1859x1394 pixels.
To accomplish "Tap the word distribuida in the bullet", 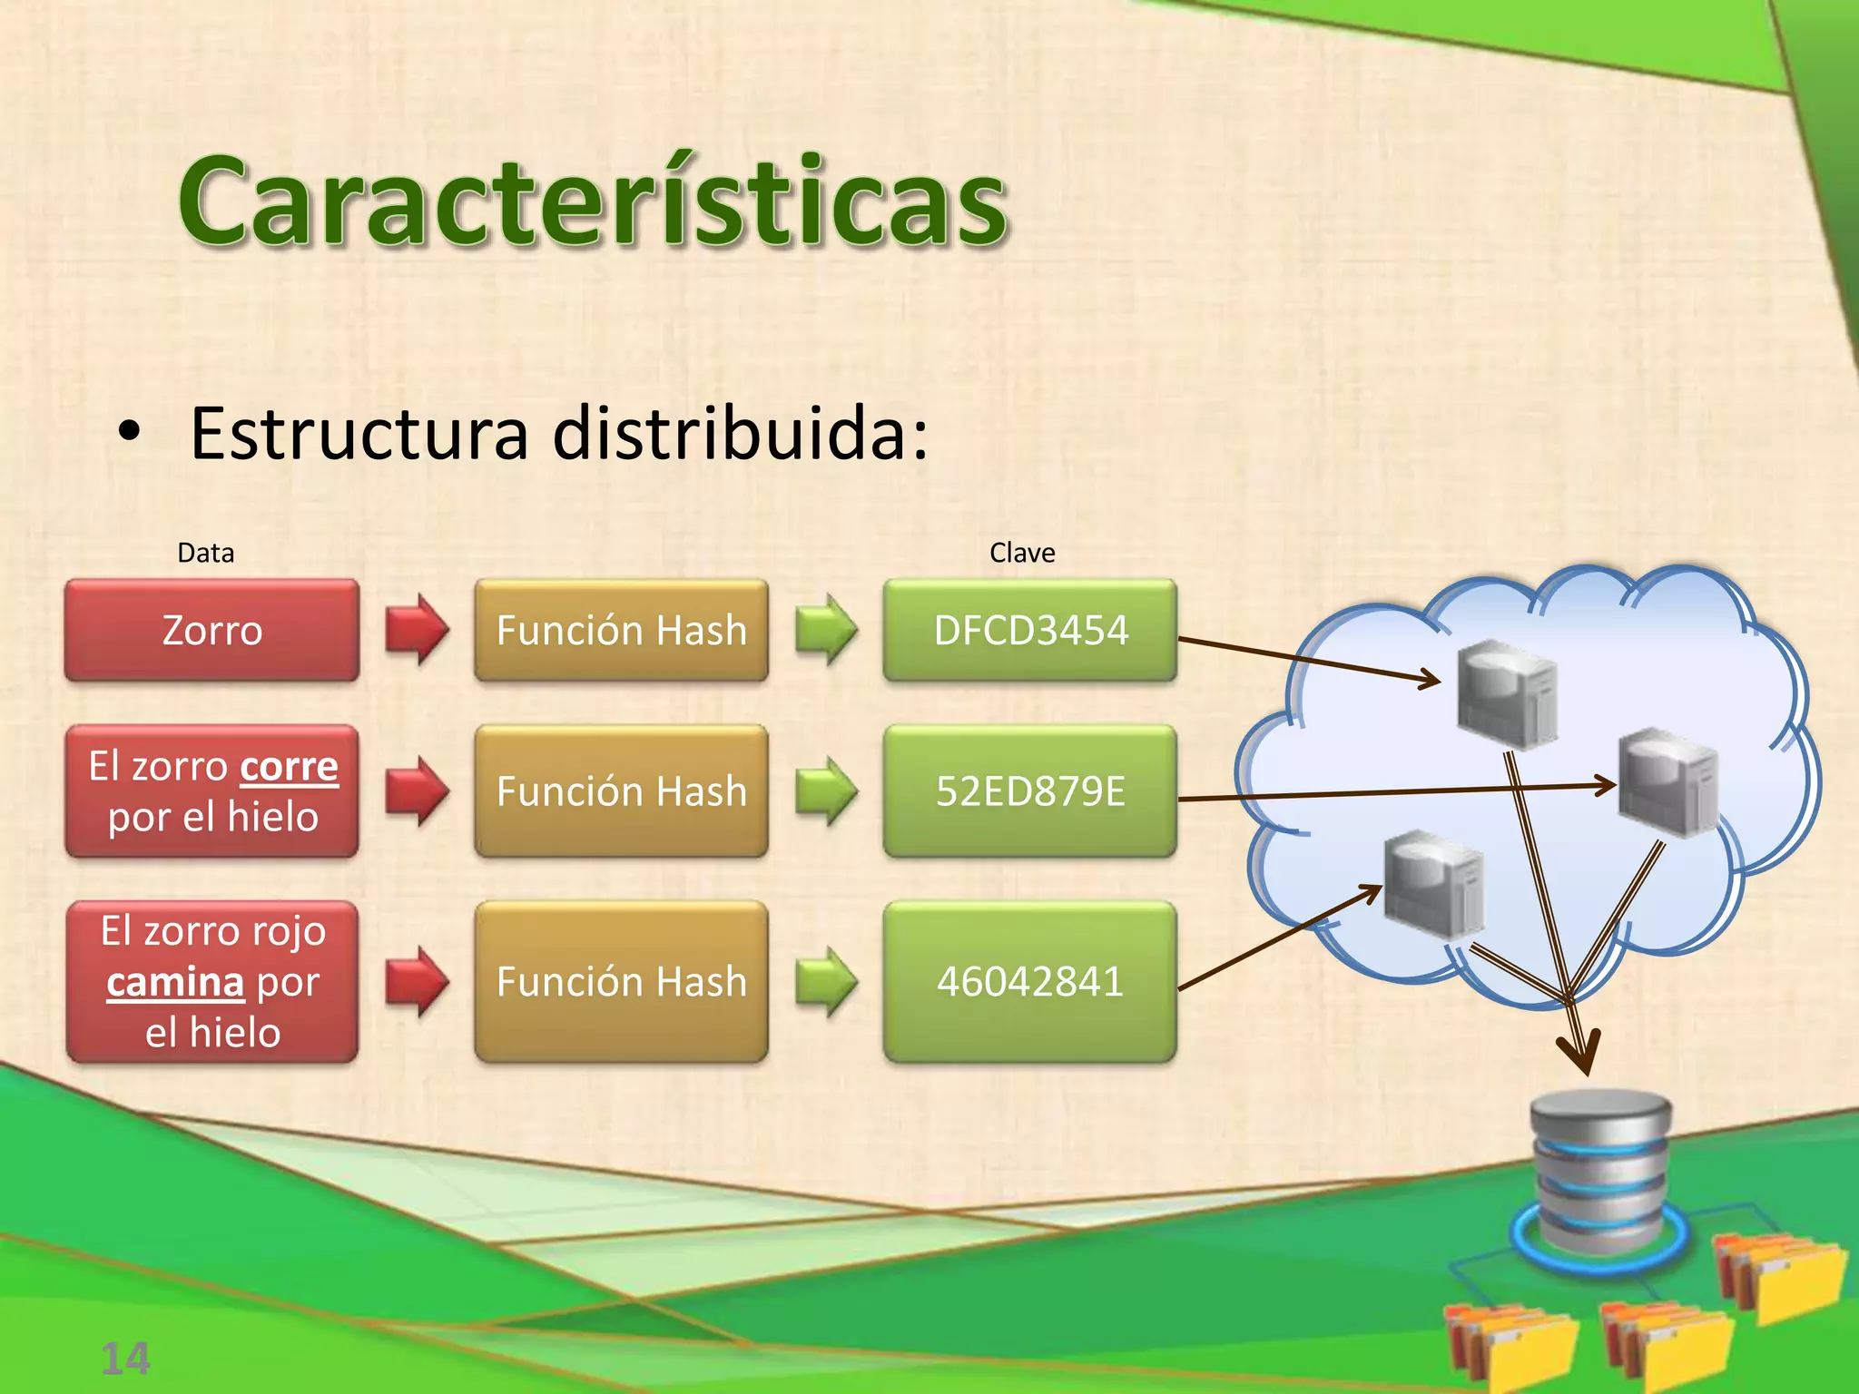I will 740,434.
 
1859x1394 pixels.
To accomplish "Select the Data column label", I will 205,553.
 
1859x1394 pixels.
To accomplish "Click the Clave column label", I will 1022,553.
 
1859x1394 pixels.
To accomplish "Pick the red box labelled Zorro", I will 212,631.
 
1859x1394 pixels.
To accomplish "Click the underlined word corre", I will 289,768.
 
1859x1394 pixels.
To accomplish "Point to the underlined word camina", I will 175,983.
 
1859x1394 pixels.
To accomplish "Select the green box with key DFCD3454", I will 1030,631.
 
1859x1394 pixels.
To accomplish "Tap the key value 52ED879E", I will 1030,791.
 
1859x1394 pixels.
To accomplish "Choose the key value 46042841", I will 1030,982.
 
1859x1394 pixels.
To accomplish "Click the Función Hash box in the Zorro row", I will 622,631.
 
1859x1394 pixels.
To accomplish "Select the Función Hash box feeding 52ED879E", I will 622,791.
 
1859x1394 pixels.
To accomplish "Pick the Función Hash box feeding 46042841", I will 622,982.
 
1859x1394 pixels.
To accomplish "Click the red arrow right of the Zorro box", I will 417,630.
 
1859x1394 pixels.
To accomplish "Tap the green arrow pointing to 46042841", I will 826,982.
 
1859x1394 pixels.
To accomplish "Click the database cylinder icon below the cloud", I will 1599,1171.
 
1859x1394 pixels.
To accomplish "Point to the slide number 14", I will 125,1359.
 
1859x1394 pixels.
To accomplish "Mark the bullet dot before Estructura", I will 130,434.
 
